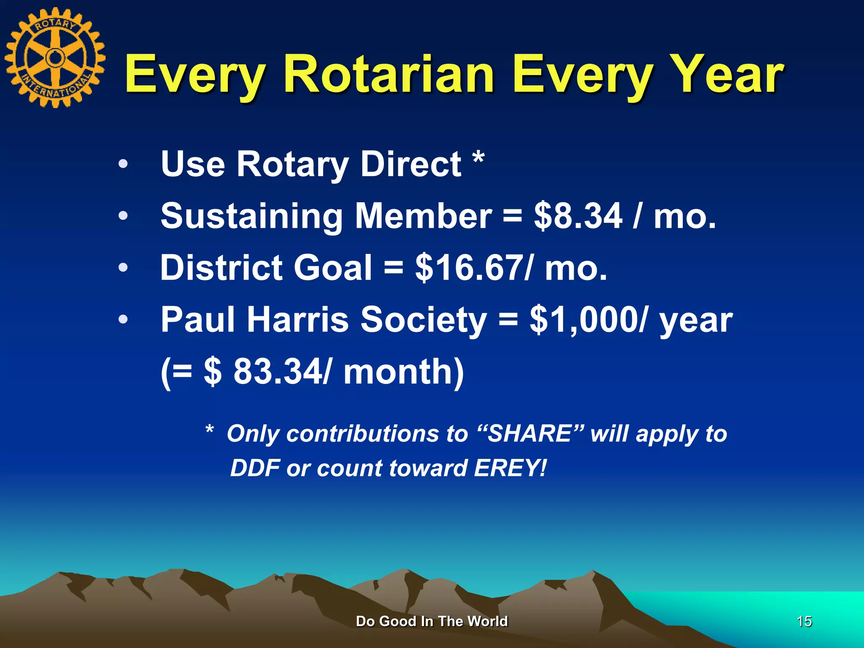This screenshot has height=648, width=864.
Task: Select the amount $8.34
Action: pos(578,216)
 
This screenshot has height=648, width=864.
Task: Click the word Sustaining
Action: pos(251,216)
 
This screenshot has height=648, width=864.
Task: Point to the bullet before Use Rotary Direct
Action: pos(123,164)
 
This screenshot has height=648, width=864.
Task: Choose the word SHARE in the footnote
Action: pos(530,434)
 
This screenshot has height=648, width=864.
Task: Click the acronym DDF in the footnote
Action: pos(255,468)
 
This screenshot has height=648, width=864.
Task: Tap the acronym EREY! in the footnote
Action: pos(510,468)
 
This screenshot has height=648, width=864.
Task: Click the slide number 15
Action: pos(804,621)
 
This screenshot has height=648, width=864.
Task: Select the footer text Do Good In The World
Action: pos(432,621)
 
